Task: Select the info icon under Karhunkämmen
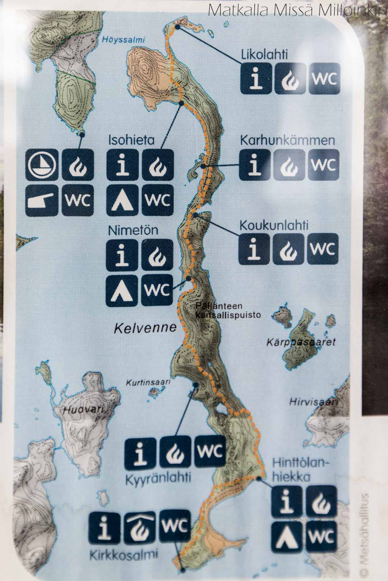pyautogui.click(x=255, y=165)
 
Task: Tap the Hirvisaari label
pyautogui.click(x=314, y=402)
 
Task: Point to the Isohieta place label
pyautogui.click(x=131, y=140)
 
